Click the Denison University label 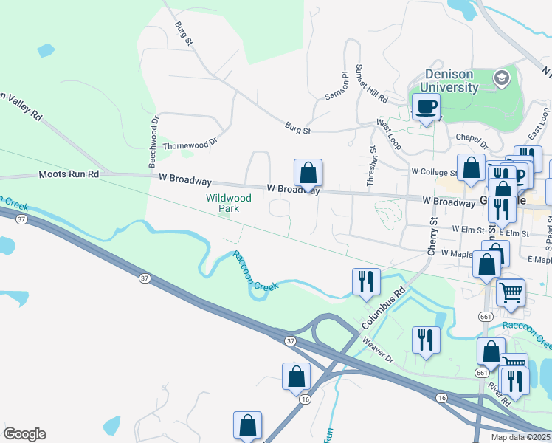point(452,81)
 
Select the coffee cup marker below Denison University point(426,107)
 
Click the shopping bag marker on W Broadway point(308,174)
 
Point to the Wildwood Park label point(228,203)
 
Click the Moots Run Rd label point(69,175)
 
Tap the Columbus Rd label point(385,309)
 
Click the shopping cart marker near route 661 point(510,294)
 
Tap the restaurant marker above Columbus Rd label point(365,281)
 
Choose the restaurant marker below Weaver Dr point(425,340)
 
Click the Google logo point(24,434)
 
